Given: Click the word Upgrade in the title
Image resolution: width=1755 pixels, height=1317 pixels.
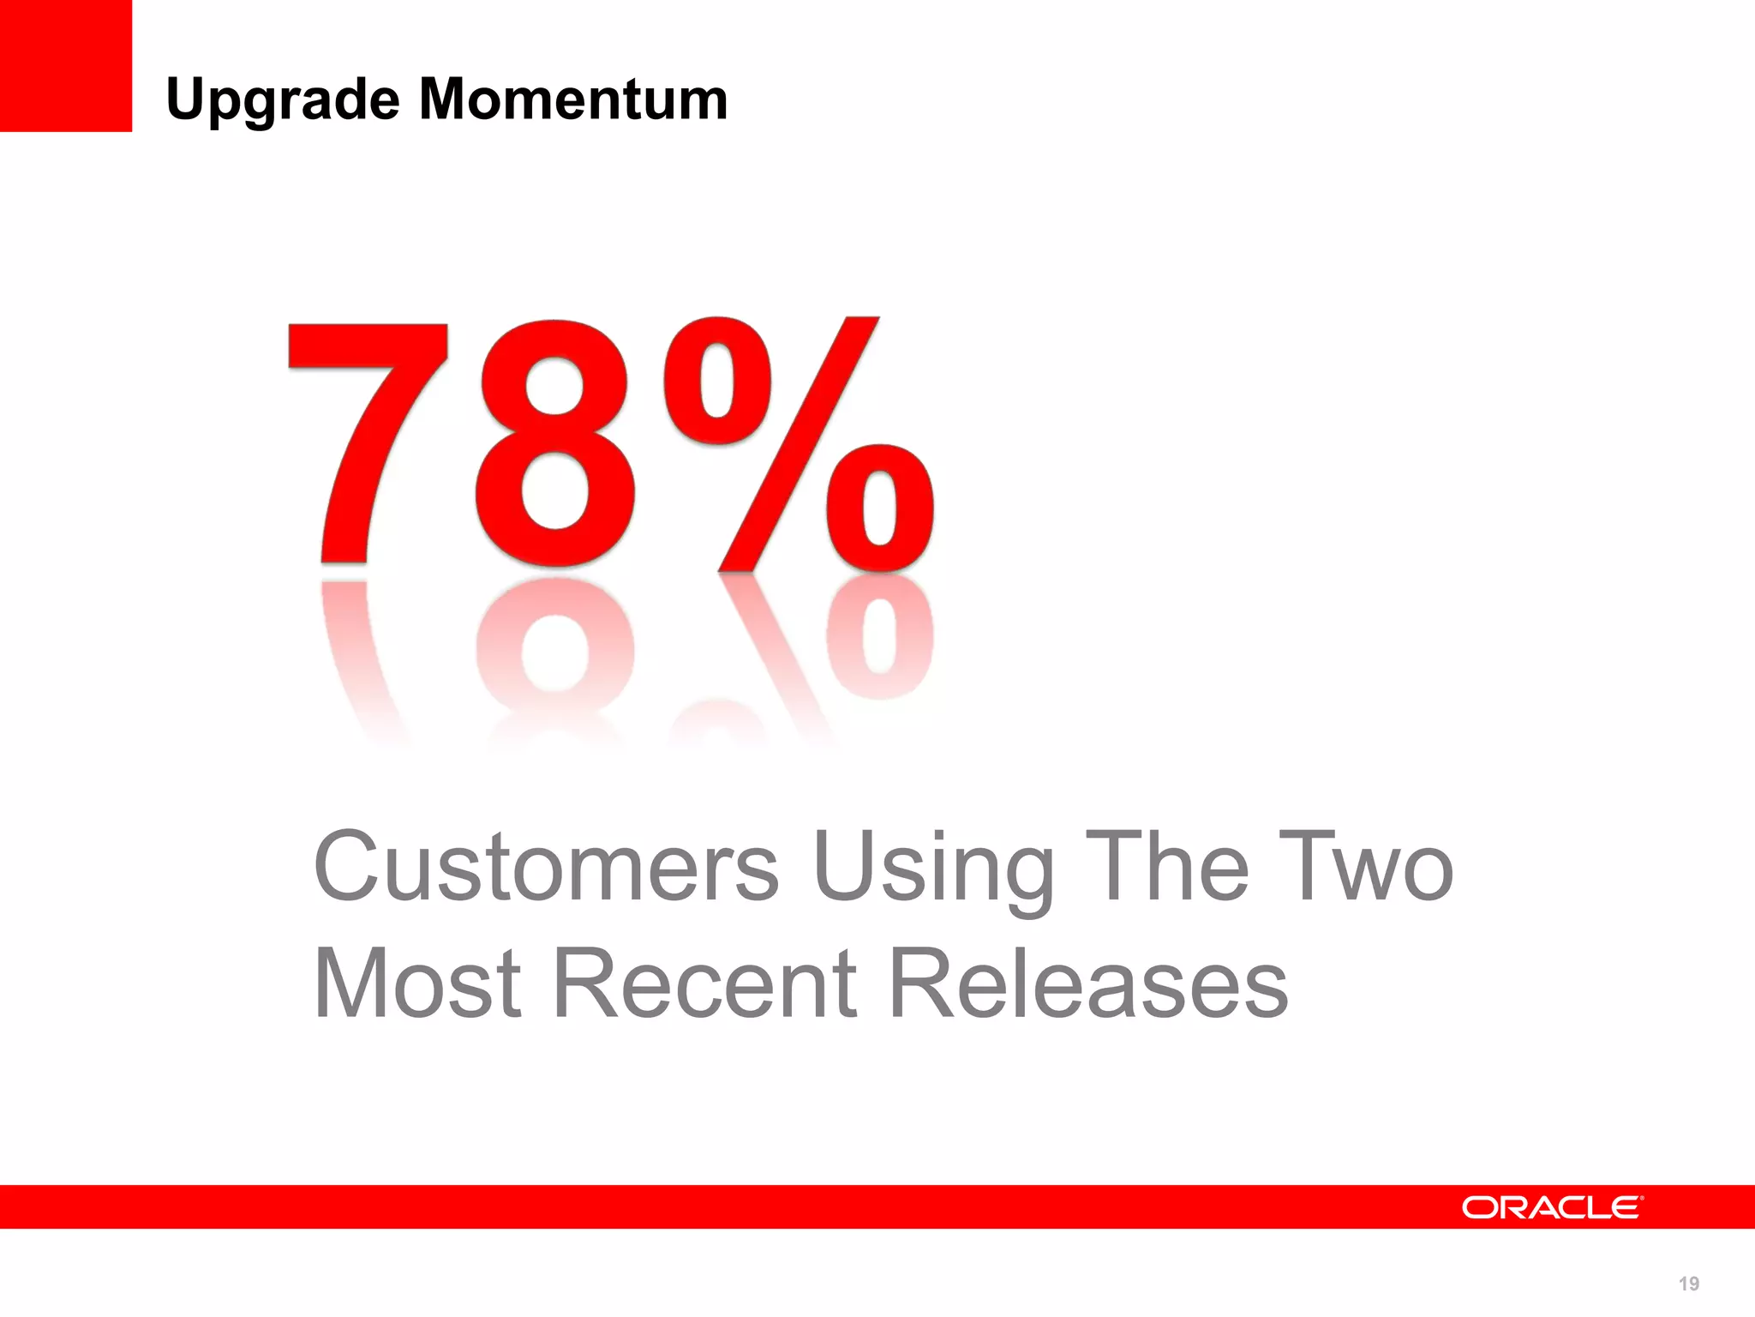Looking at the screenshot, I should pos(283,100).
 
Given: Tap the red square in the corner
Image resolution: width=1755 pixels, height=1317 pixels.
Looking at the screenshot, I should pos(65,65).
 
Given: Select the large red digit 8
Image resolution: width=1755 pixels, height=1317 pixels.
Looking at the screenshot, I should pos(555,444).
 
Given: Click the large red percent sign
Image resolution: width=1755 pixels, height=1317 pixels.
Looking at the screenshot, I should pos(797,444).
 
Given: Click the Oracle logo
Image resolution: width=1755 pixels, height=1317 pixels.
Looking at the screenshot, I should pos(1552,1207).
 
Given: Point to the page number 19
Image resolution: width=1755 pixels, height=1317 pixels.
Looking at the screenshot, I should pos(1688,1284).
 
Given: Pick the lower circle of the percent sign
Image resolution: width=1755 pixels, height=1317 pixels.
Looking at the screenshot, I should pos(880,508).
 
